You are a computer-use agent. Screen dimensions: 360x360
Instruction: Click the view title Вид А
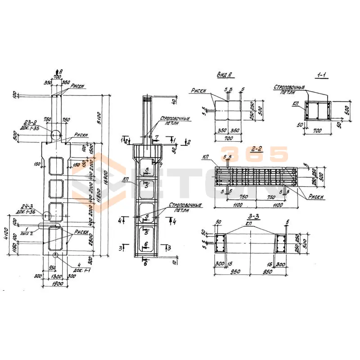(x=224, y=76)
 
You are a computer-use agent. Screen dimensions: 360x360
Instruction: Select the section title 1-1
(x=321, y=76)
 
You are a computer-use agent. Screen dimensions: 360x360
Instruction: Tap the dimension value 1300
(x=56, y=276)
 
